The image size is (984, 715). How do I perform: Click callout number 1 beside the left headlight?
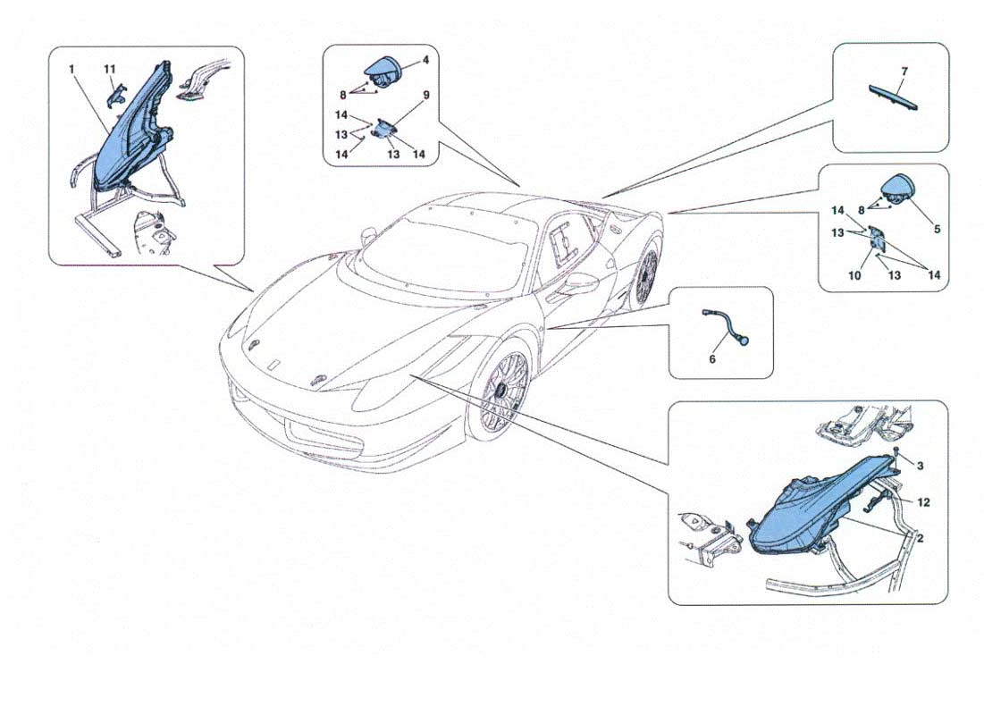click(x=72, y=69)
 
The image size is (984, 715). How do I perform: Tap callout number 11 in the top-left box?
click(x=111, y=69)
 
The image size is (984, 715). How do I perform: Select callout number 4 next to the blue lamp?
click(x=425, y=60)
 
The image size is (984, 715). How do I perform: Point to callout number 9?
click(x=426, y=96)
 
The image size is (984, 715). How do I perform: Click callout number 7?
click(x=904, y=71)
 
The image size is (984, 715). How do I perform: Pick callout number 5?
click(x=937, y=229)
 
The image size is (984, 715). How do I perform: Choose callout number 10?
click(x=854, y=275)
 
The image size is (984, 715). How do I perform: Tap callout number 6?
click(x=712, y=359)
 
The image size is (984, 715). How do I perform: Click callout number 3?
click(x=920, y=466)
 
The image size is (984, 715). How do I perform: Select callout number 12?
click(x=923, y=502)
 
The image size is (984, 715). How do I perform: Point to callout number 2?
click(x=920, y=538)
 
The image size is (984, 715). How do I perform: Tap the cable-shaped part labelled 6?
click(x=727, y=324)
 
